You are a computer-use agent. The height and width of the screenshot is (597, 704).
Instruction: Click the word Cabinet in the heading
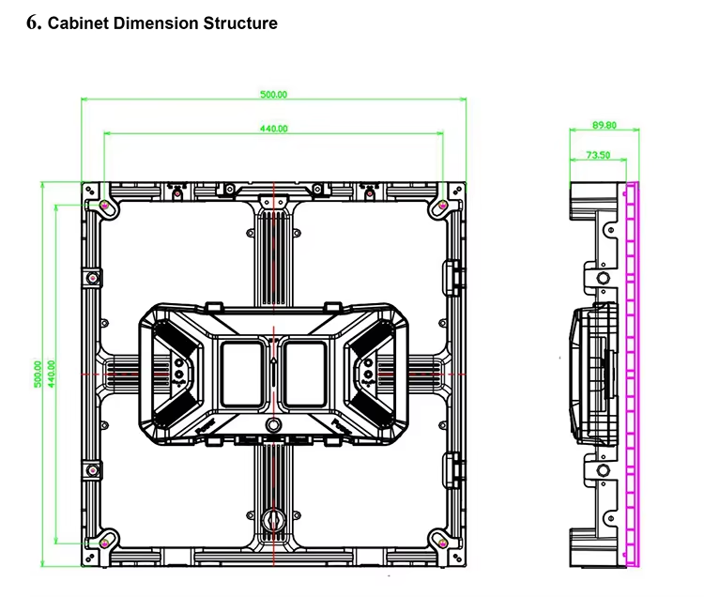point(79,23)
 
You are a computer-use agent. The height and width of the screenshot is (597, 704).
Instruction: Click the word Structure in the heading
point(240,23)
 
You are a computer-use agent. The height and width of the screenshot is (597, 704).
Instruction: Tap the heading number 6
point(32,23)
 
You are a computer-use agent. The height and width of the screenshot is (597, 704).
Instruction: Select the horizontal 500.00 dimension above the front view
point(273,95)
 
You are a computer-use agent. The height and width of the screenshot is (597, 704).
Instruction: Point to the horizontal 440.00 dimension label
point(273,129)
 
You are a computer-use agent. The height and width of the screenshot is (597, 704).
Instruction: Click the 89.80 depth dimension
point(605,125)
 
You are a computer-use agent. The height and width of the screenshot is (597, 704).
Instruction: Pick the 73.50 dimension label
point(598,155)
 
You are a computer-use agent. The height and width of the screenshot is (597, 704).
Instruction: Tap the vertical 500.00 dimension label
point(38,374)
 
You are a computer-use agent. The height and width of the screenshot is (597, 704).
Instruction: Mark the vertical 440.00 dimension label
point(51,374)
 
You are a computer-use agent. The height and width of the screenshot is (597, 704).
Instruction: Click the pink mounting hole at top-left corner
point(103,205)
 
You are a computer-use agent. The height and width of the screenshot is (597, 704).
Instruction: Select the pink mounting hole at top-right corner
point(444,205)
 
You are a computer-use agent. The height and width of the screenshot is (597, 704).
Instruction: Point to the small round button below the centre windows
point(273,425)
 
